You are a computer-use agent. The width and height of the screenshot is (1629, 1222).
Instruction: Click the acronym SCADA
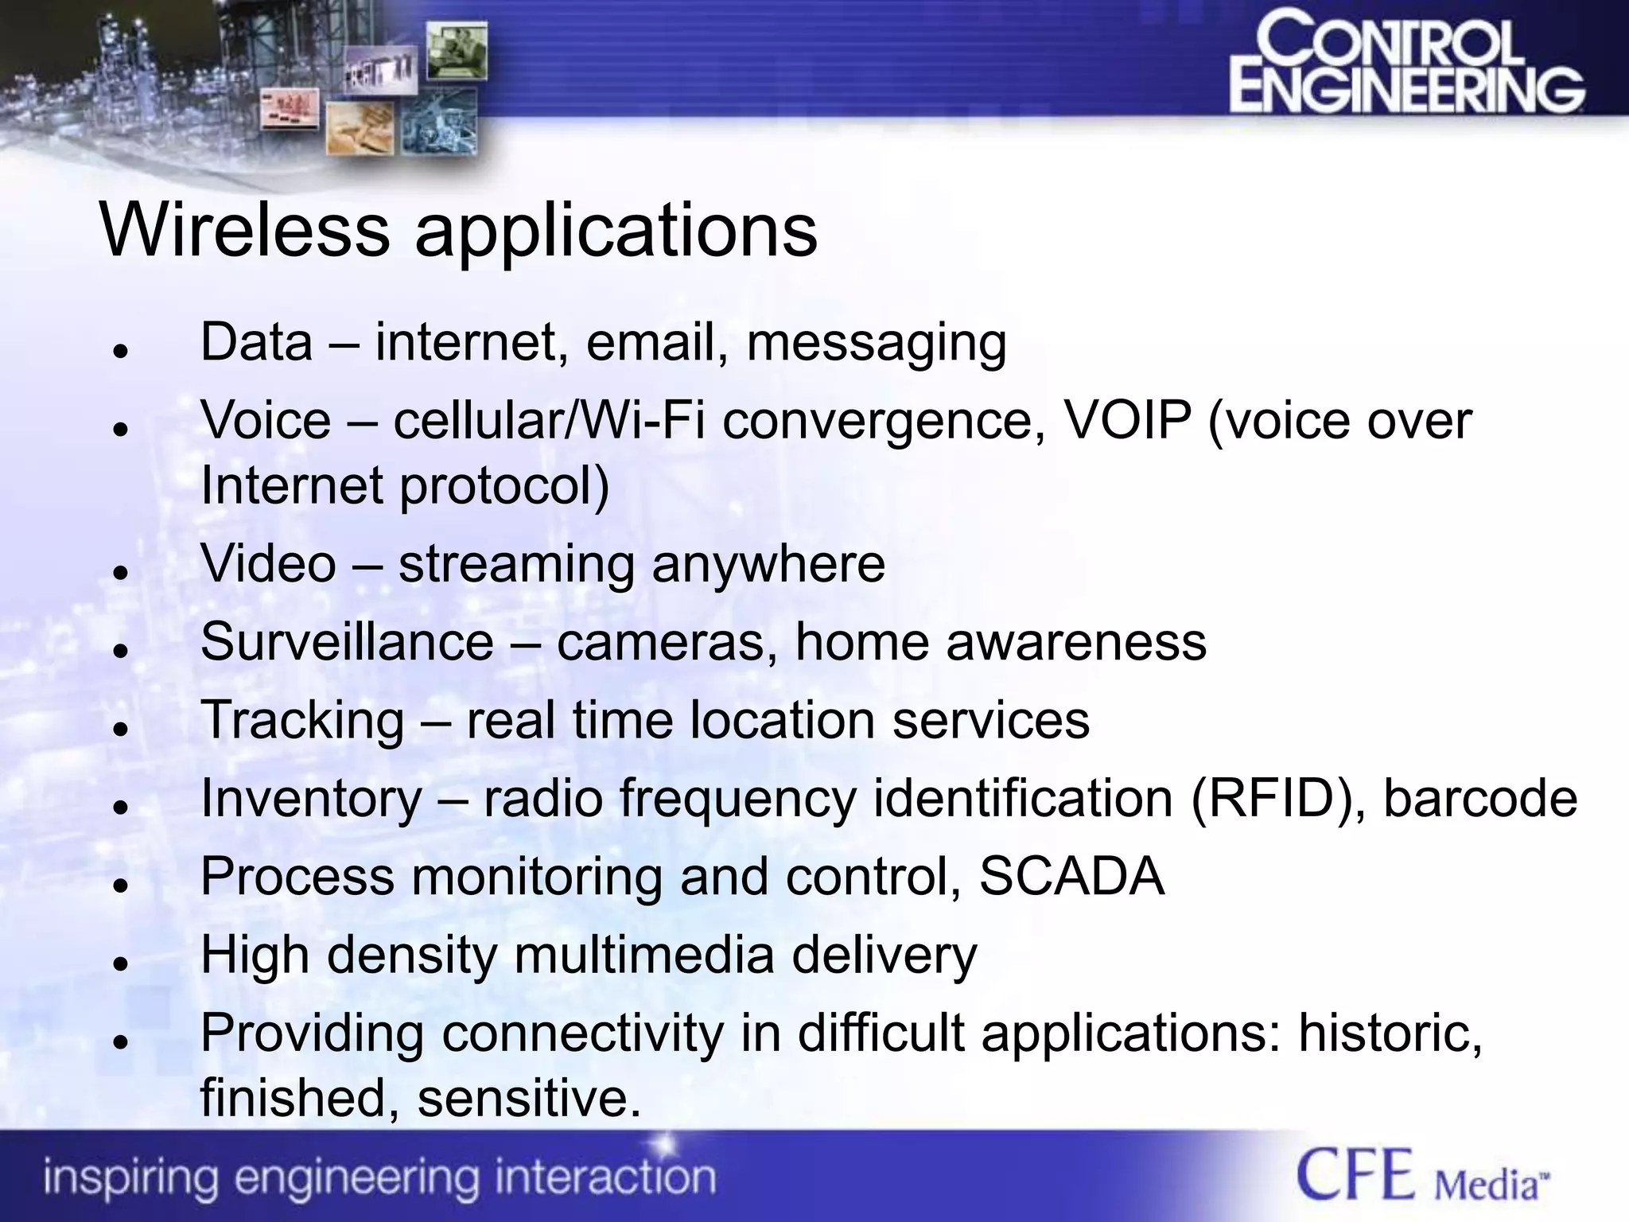[1071, 877]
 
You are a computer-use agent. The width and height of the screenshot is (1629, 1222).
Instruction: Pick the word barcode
[1480, 798]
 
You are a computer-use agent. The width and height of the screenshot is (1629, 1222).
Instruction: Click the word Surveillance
[347, 641]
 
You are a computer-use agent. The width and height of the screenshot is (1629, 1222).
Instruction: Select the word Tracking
[302, 720]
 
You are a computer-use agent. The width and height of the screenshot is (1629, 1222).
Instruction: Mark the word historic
[1390, 1033]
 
